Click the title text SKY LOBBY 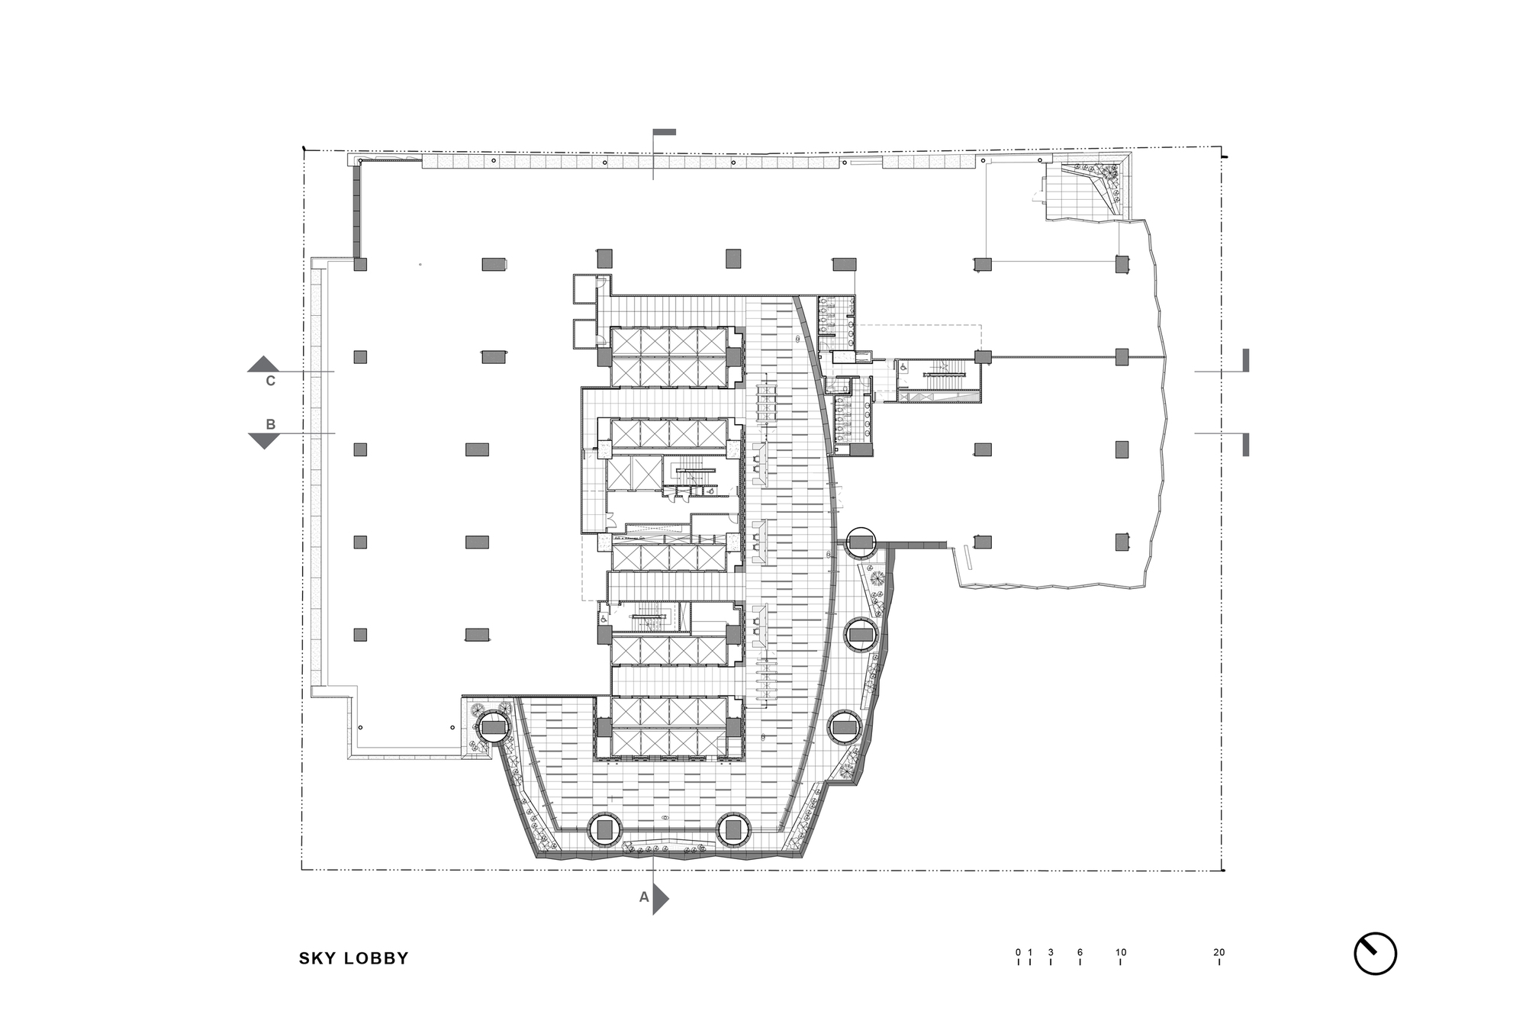(353, 958)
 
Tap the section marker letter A (644, 898)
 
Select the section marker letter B (270, 424)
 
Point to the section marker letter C (270, 381)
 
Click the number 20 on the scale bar (1219, 952)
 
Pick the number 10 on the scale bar (1121, 952)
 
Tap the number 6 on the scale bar (1080, 952)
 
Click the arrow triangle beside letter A (661, 899)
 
